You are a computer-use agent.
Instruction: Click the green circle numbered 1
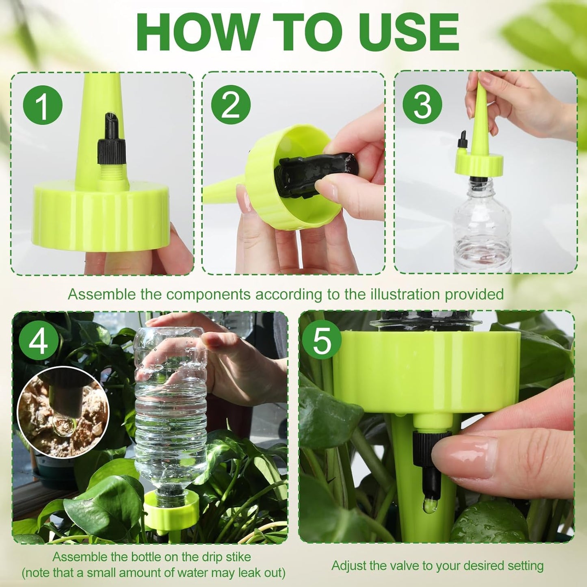[43, 105]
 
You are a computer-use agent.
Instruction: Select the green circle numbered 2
[231, 105]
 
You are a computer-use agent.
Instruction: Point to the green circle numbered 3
[422, 105]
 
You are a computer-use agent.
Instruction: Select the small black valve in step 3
[462, 141]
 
